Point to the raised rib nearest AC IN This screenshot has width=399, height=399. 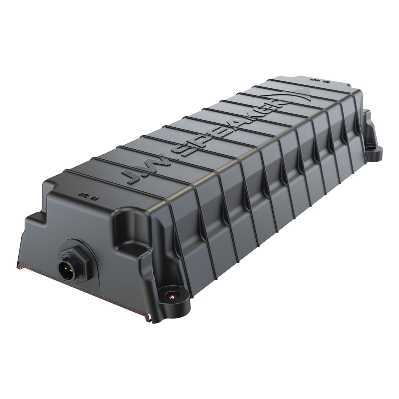tap(100, 173)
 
